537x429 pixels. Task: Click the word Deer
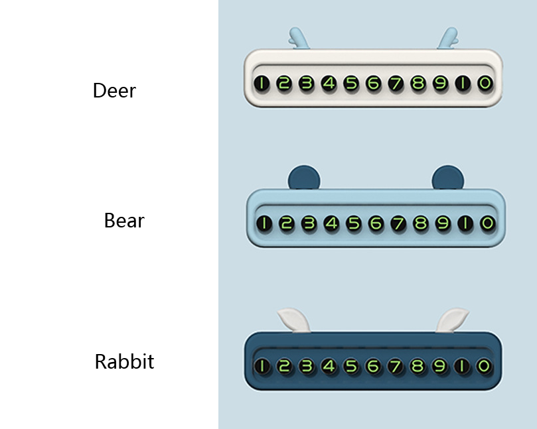click(114, 90)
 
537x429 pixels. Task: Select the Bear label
click(124, 220)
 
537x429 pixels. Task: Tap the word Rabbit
click(124, 362)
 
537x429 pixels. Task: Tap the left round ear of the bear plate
click(304, 178)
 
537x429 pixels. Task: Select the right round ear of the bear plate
click(448, 178)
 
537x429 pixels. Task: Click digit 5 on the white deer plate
click(351, 84)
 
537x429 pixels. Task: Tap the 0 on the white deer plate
click(485, 84)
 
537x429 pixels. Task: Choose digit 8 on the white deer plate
click(418, 84)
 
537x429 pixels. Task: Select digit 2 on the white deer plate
click(284, 84)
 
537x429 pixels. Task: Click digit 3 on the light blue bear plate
click(309, 223)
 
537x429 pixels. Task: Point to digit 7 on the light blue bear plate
click(398, 223)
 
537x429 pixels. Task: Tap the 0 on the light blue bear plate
click(487, 223)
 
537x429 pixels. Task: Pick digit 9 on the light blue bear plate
click(443, 223)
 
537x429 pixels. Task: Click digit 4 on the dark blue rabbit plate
click(329, 366)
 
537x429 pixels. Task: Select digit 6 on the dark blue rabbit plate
click(373, 366)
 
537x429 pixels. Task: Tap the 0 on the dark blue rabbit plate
click(485, 366)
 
